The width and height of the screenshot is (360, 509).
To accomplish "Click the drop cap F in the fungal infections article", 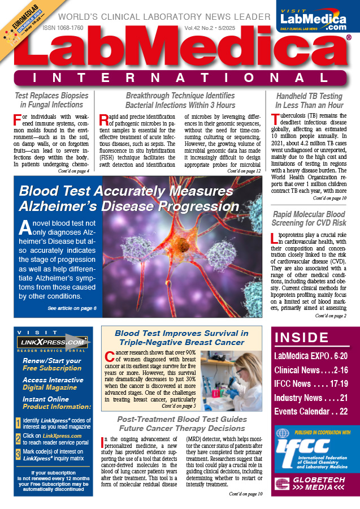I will click(18, 120).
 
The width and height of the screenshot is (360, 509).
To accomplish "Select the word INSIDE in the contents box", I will click(298, 338).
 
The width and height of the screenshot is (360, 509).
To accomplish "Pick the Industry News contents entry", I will click(311, 398).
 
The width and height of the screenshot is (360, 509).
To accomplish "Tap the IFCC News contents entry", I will click(311, 384).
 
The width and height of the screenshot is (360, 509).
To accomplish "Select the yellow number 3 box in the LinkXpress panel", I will click(18, 452).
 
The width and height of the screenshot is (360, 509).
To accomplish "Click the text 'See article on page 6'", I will click(72, 308).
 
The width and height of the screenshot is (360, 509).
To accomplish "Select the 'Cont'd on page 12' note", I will click(244, 170).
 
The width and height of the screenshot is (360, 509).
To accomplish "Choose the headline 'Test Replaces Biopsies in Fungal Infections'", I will click(49, 100).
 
